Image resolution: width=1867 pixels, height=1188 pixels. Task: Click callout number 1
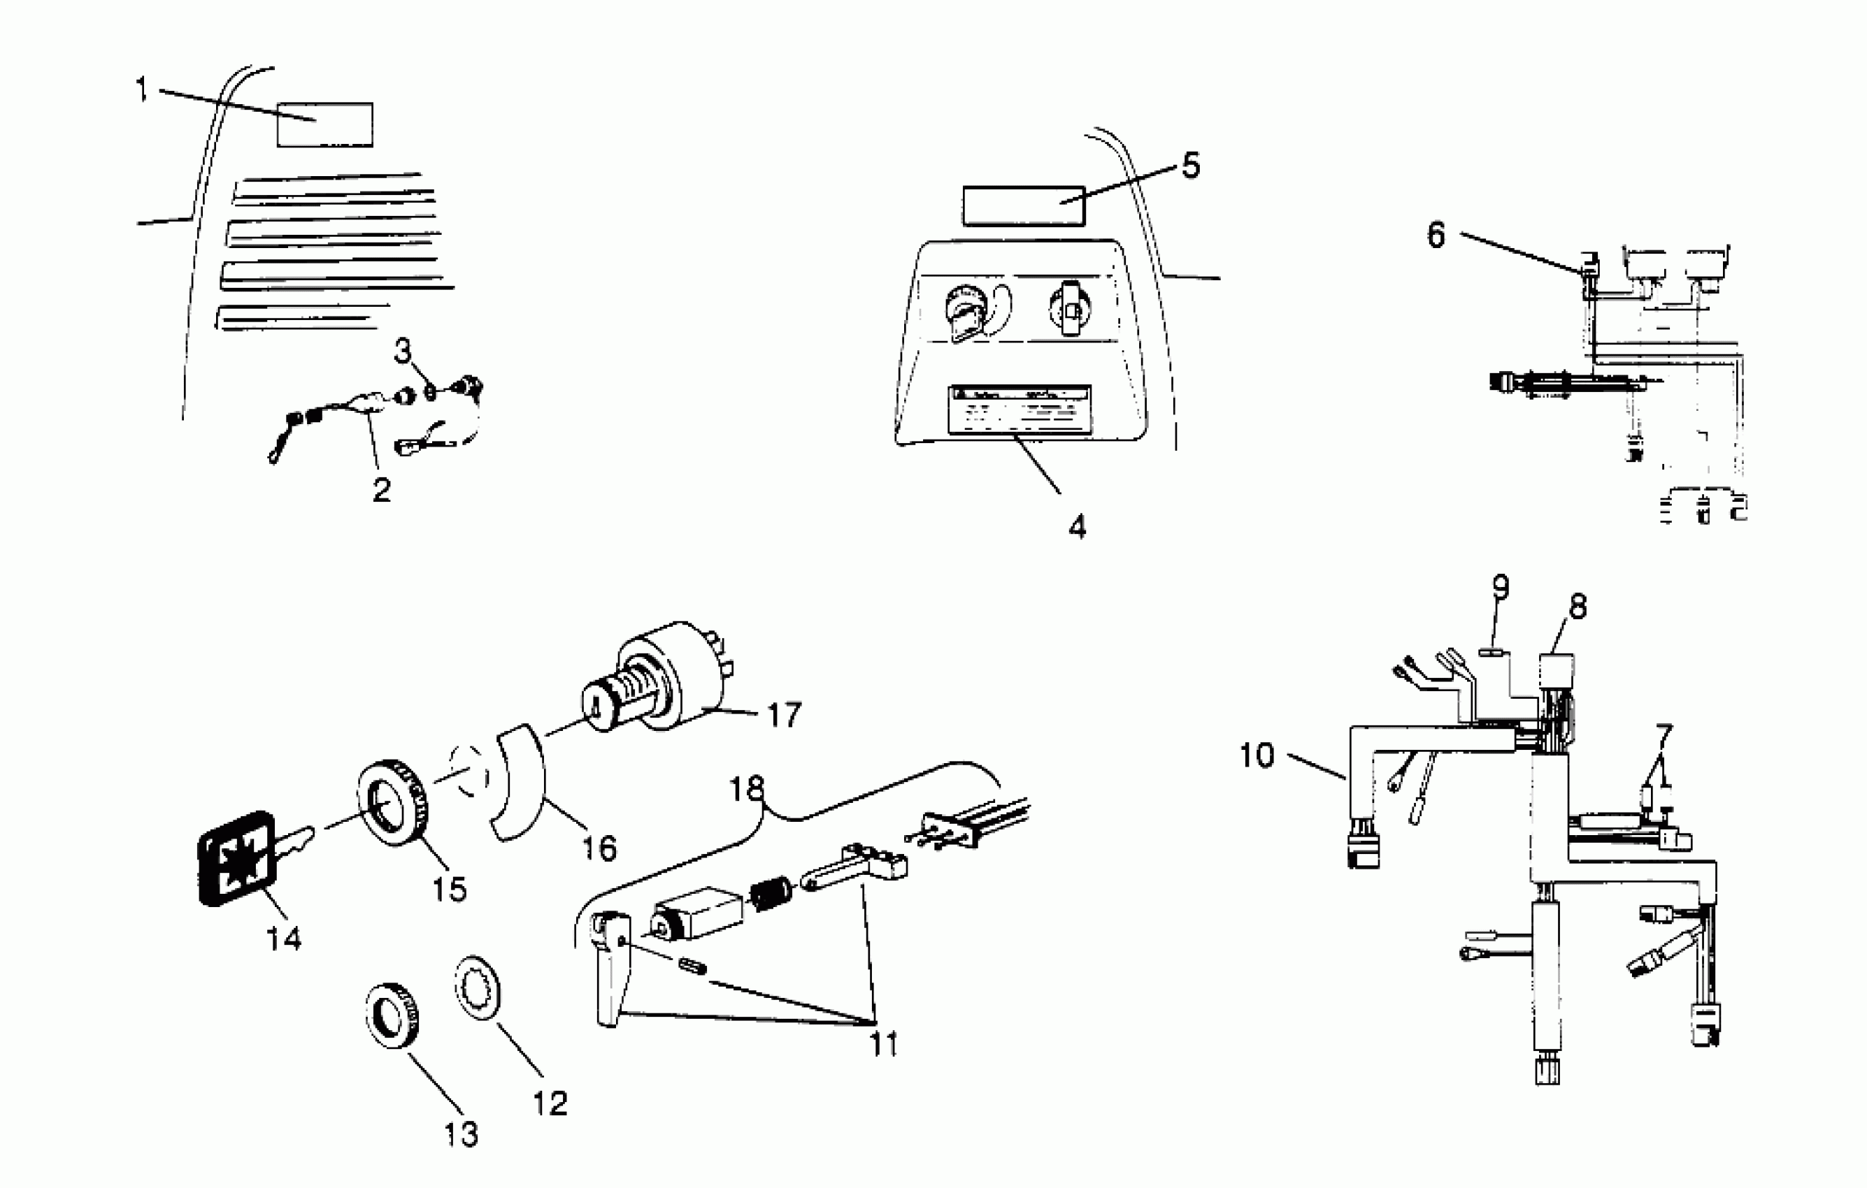click(141, 89)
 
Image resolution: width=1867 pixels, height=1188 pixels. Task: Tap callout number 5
click(1190, 165)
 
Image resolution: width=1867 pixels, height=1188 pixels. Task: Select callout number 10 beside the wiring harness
click(1257, 755)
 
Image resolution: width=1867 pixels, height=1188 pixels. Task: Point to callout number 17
click(783, 714)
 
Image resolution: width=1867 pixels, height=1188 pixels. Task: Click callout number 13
click(462, 1133)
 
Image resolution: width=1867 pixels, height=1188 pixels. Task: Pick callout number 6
click(1437, 234)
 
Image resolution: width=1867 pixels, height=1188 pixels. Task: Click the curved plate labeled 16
click(520, 783)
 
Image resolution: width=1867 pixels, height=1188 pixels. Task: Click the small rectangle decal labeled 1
click(326, 125)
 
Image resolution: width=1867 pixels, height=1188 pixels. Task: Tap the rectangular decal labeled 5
click(1024, 205)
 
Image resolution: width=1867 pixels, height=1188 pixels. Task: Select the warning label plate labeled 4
click(1019, 411)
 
